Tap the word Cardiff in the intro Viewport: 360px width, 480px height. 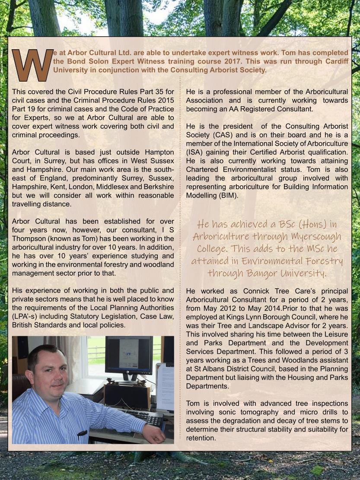335,61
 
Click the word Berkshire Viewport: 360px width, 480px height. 157,187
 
